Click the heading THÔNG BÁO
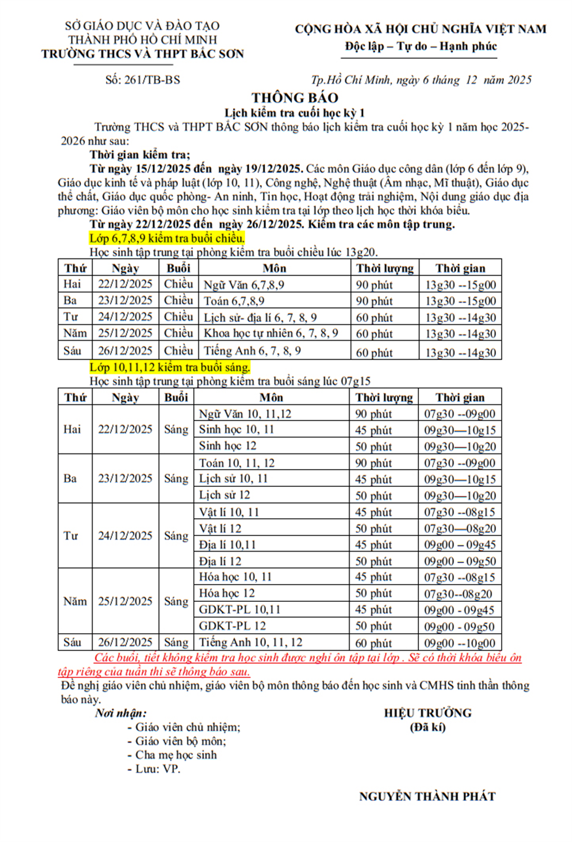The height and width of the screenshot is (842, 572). click(x=294, y=98)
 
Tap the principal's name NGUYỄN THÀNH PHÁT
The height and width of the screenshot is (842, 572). click(x=427, y=796)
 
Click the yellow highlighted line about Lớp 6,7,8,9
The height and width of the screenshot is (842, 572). click(x=167, y=238)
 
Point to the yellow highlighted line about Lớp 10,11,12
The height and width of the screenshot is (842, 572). click(x=170, y=367)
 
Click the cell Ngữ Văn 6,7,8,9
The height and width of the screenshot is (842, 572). click(x=244, y=285)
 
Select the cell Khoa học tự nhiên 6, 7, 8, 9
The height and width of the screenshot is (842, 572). click(x=271, y=333)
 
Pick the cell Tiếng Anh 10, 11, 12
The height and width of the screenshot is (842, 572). click(x=250, y=643)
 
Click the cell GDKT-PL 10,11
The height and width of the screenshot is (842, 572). click(x=239, y=610)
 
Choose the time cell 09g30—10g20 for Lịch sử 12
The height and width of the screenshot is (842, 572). click(x=460, y=496)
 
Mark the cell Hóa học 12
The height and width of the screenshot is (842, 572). click(x=227, y=594)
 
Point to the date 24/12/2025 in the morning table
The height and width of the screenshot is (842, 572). click(x=125, y=536)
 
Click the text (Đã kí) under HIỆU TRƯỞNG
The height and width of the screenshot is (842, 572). click(x=427, y=727)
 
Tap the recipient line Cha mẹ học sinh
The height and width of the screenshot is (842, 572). click(x=176, y=755)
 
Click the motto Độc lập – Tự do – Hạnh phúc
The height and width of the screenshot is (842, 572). click(x=421, y=46)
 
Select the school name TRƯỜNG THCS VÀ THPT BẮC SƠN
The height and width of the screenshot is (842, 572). click(x=142, y=54)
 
